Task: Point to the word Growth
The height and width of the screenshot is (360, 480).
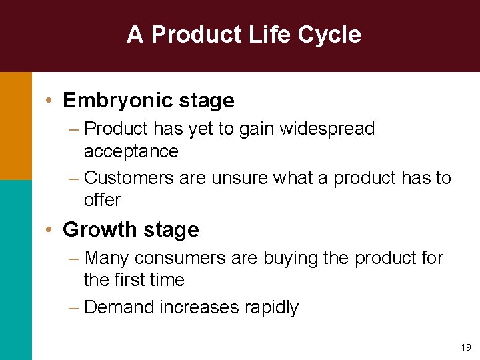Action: pos(96,230)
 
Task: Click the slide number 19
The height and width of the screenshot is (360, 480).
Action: pos(465,347)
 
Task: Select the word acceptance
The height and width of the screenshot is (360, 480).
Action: pos(131,152)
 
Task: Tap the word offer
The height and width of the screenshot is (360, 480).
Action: pos(102,200)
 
